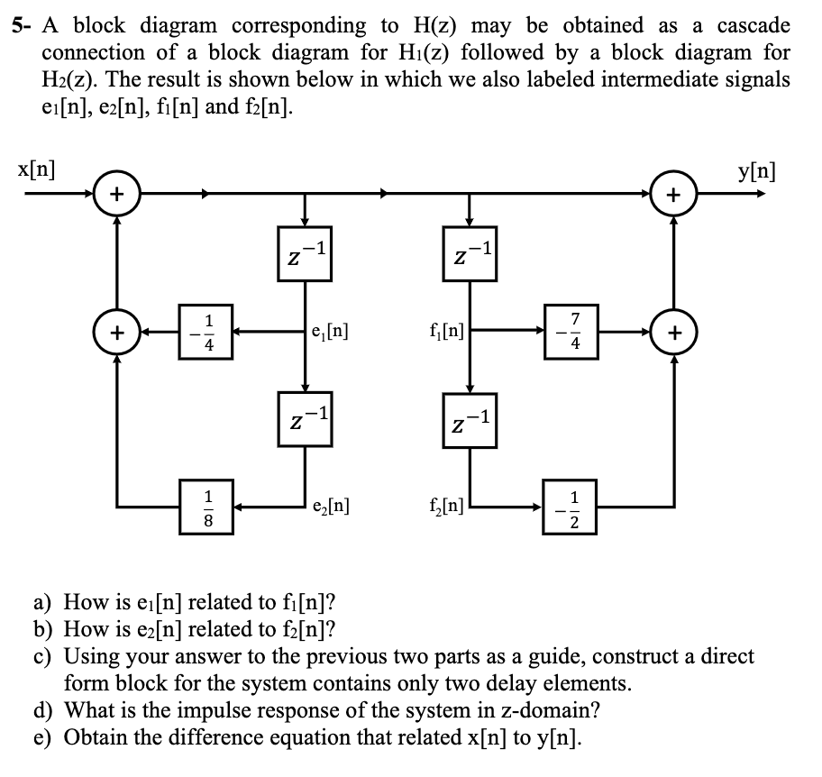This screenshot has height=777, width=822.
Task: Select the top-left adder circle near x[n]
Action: click(115, 193)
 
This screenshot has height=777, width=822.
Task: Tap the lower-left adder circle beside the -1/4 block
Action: click(115, 332)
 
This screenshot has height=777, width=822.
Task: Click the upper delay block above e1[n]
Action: click(305, 253)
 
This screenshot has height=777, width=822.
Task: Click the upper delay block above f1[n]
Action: click(469, 253)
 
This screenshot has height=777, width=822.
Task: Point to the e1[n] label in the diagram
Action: click(329, 332)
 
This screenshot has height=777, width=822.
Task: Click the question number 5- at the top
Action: click(23, 26)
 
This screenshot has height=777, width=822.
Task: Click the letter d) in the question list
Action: click(45, 709)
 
